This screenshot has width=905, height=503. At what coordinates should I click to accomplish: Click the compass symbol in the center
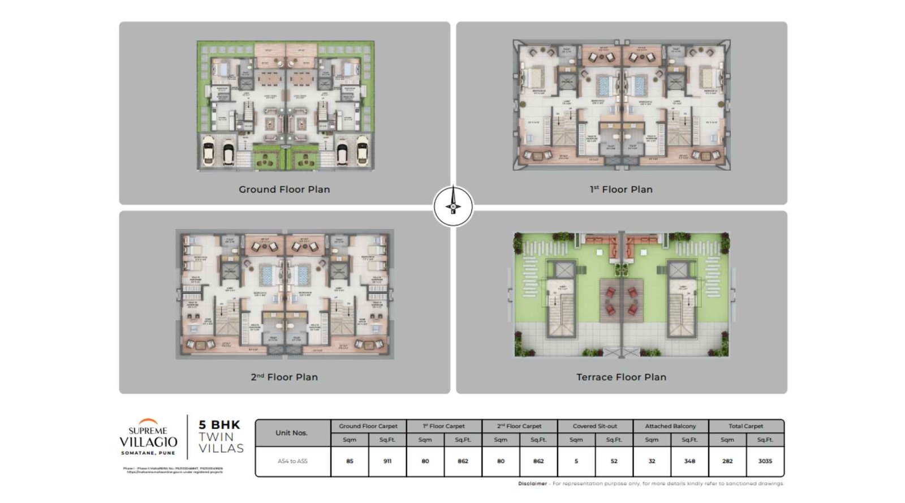click(x=453, y=206)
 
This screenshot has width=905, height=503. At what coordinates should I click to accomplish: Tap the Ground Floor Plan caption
click(x=284, y=190)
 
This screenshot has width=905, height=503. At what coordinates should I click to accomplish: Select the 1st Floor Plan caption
click(x=621, y=190)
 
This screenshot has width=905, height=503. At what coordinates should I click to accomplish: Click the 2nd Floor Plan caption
click(x=284, y=377)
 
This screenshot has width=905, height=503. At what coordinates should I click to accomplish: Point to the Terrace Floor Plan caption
click(x=621, y=377)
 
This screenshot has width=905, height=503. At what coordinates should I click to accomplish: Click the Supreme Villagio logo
click(x=148, y=437)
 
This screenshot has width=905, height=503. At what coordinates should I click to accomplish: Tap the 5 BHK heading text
click(x=219, y=424)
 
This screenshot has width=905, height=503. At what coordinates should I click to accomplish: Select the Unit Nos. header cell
click(x=292, y=433)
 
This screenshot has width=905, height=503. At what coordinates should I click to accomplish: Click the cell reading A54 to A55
click(x=292, y=461)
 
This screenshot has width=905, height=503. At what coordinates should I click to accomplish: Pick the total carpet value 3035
click(x=765, y=461)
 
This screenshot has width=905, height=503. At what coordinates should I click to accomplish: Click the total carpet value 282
click(x=727, y=461)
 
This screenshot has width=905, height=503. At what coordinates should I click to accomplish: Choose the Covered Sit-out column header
click(x=594, y=426)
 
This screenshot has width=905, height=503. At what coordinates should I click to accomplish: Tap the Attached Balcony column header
click(x=670, y=426)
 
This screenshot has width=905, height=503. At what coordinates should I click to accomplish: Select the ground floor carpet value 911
click(x=387, y=461)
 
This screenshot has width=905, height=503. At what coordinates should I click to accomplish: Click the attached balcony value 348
click(x=689, y=461)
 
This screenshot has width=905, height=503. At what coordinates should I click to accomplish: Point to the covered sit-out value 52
click(x=614, y=461)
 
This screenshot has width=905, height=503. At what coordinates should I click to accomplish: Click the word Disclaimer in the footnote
click(x=532, y=484)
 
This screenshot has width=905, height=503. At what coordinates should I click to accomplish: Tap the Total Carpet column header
click(x=745, y=426)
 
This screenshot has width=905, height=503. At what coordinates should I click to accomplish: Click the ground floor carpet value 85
click(x=350, y=461)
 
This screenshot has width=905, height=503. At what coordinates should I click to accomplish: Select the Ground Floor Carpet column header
click(x=368, y=426)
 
